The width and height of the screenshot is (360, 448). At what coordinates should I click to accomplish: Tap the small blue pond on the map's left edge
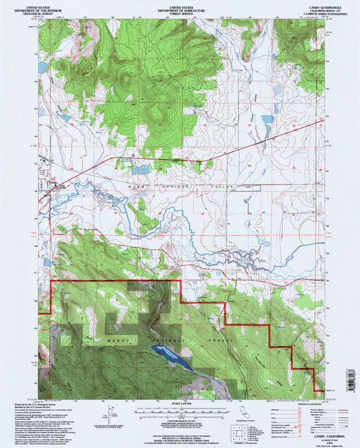(x=42, y=68)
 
